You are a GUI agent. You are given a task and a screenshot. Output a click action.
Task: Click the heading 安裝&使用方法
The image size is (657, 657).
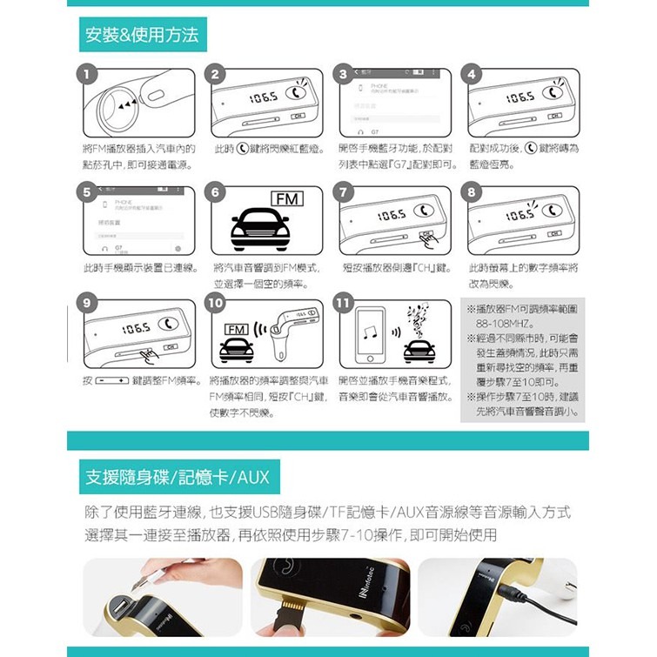[142, 35]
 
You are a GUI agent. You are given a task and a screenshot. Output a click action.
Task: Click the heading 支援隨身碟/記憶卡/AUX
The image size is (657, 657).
[177, 477]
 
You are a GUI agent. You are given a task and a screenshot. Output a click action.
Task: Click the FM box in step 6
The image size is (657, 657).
[285, 200]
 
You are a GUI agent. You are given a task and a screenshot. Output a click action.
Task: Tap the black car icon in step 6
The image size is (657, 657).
[259, 231]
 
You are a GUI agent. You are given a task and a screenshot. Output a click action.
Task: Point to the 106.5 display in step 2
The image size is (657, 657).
[263, 97]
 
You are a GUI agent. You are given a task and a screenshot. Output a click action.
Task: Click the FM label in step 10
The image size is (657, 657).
[235, 330]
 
